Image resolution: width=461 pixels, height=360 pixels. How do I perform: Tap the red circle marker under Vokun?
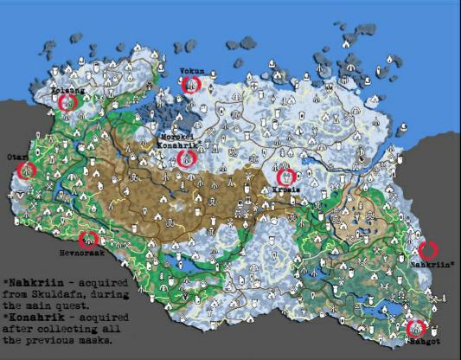click(191, 84)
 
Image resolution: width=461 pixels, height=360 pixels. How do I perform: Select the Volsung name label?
click(67, 88)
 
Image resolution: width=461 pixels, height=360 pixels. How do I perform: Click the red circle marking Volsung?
click(67, 101)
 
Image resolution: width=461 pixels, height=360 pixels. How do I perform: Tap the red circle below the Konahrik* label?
click(187, 158)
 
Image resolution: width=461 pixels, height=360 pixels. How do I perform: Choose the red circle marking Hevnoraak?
click(87, 239)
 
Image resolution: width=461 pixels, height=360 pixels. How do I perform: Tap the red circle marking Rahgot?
click(415, 328)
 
